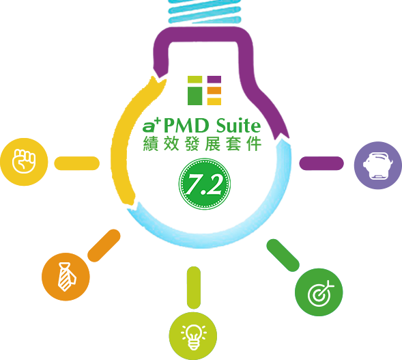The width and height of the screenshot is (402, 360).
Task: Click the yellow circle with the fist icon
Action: pyautogui.click(x=24, y=162)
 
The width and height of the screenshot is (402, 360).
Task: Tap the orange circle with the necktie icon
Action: pyautogui.click(x=66, y=277)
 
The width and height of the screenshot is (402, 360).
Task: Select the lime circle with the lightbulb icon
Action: pyautogui.click(x=193, y=336)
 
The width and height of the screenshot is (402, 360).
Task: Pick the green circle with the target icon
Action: pyautogui.click(x=319, y=292)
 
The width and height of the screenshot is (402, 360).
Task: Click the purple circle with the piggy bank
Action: pyautogui.click(x=378, y=165)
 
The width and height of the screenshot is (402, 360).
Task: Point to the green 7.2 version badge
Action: pyautogui.click(x=204, y=184)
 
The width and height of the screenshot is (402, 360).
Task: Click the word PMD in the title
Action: pyautogui.click(x=186, y=126)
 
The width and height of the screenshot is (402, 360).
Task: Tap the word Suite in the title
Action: pyautogui.click(x=238, y=126)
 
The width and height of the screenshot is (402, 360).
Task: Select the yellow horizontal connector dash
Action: pyautogui.click(x=77, y=163)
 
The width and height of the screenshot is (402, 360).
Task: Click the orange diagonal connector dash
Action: pyautogui.click(x=104, y=245)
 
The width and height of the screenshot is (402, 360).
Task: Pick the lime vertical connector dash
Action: pyautogui.click(x=194, y=288)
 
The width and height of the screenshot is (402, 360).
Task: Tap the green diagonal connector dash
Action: pyautogui.click(x=283, y=255)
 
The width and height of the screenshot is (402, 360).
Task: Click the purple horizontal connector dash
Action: pyautogui.click(x=321, y=163)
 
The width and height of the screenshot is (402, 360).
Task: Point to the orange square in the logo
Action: pyautogui.click(x=214, y=91)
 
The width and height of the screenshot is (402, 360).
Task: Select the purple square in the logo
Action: pyautogui.click(x=214, y=79)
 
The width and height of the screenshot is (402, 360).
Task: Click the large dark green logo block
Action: pyautogui.click(x=195, y=96)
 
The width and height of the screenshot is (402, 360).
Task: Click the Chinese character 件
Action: pyautogui.click(x=254, y=144)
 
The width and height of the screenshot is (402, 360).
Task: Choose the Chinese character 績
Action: pyautogui.click(x=150, y=144)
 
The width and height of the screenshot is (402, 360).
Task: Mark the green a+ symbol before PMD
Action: pyautogui.click(x=152, y=125)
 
